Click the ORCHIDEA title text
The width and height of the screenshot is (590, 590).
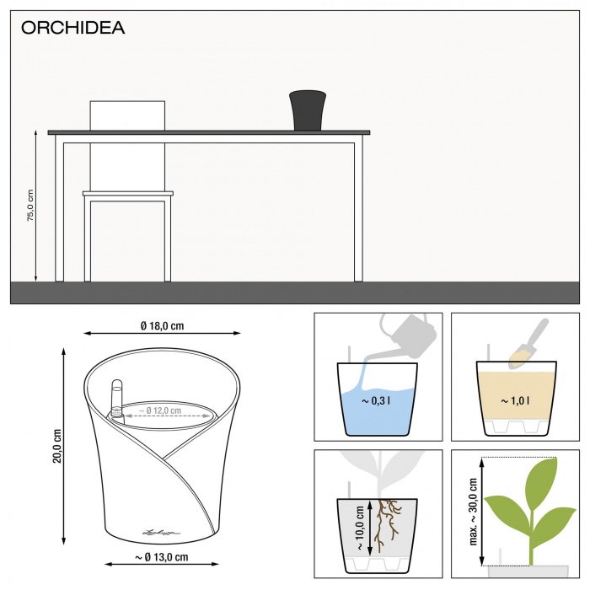pos(72,28)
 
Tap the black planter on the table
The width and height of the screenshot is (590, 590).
pos(308,110)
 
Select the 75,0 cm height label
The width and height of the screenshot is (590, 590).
pos(30,206)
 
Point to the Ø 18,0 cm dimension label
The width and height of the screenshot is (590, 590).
pos(163,324)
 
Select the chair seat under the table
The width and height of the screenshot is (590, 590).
pos(127,194)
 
